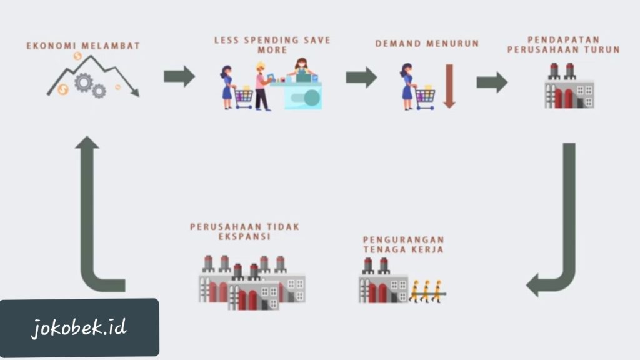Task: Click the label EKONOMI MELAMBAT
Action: click(x=83, y=46)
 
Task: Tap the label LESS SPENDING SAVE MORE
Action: click(x=272, y=45)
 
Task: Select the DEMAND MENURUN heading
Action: click(x=427, y=44)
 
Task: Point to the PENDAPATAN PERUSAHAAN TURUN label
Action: click(x=563, y=44)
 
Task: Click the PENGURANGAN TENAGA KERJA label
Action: click(x=403, y=244)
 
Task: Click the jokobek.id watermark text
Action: click(x=79, y=327)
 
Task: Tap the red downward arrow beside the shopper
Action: click(x=449, y=86)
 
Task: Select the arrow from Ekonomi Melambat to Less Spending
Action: click(x=179, y=77)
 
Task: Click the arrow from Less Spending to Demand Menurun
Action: click(x=361, y=77)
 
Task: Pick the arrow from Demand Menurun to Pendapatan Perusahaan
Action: click(x=492, y=82)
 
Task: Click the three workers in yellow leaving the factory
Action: click(x=426, y=291)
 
